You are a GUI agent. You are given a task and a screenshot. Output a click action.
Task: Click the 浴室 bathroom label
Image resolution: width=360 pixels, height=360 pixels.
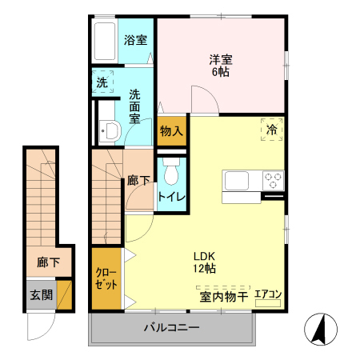point(135,39)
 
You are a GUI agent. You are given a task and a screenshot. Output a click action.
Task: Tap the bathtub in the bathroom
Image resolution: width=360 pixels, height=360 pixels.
point(105,38)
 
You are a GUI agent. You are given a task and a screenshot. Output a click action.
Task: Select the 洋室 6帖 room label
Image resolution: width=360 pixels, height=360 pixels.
point(221,65)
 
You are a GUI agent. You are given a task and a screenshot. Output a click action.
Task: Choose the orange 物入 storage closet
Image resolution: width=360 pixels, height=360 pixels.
point(171,131)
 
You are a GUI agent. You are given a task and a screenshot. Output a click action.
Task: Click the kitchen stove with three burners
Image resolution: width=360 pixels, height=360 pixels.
point(272,178)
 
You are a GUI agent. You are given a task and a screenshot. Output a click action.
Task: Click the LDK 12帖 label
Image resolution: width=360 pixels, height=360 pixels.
point(205,262)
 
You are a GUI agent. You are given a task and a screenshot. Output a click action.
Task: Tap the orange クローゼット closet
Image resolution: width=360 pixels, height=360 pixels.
point(106,280)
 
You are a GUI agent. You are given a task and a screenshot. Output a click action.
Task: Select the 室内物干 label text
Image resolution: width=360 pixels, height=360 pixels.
point(222,296)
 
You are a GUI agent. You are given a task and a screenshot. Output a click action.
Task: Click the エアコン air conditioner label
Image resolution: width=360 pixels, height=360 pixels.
point(267,294)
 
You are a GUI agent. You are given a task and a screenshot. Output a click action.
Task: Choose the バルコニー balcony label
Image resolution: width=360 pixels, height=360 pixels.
point(171,328)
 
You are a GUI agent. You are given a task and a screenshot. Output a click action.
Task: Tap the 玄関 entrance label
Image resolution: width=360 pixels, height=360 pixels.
point(42,294)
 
